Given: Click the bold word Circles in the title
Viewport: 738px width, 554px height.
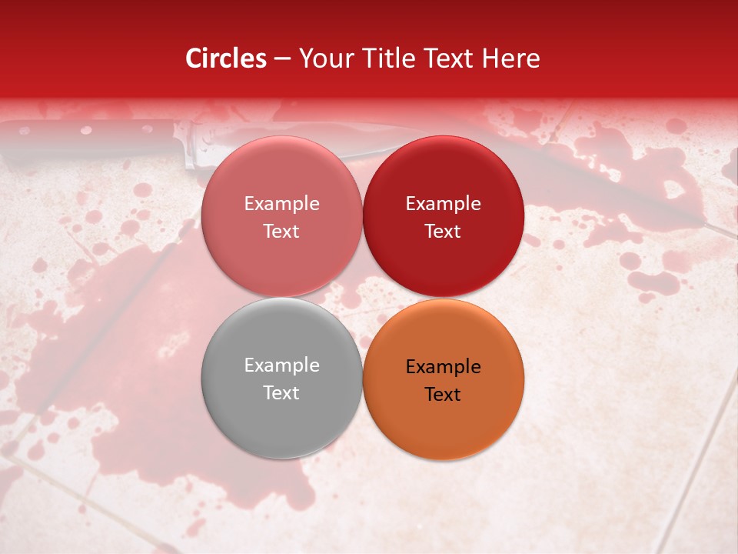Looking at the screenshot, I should click(x=225, y=58).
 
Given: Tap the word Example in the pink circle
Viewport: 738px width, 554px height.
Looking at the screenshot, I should click(x=281, y=204).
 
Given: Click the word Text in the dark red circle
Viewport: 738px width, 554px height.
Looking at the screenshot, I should click(x=443, y=232).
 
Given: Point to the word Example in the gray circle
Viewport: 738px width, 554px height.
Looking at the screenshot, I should click(x=281, y=365).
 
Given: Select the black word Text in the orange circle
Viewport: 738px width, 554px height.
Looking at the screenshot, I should click(x=443, y=395).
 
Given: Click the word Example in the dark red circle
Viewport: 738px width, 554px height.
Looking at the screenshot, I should click(x=443, y=204).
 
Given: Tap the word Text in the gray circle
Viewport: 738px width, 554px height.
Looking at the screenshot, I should click(x=281, y=393).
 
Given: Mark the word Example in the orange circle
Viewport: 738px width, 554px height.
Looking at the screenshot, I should click(x=443, y=367).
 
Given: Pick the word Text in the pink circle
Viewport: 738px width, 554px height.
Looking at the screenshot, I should click(x=281, y=232).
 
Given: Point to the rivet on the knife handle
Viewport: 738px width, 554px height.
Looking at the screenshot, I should click(x=86, y=130).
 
